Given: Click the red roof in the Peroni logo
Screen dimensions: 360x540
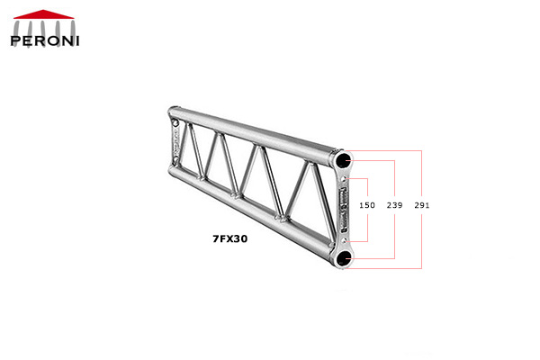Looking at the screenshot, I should [44, 14].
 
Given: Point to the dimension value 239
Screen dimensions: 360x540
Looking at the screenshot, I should [394, 206].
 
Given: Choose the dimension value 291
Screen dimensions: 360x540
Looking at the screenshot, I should [421, 206].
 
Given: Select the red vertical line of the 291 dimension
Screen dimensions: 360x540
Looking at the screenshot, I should [421, 234].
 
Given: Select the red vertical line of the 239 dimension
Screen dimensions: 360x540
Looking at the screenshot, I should [394, 234].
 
